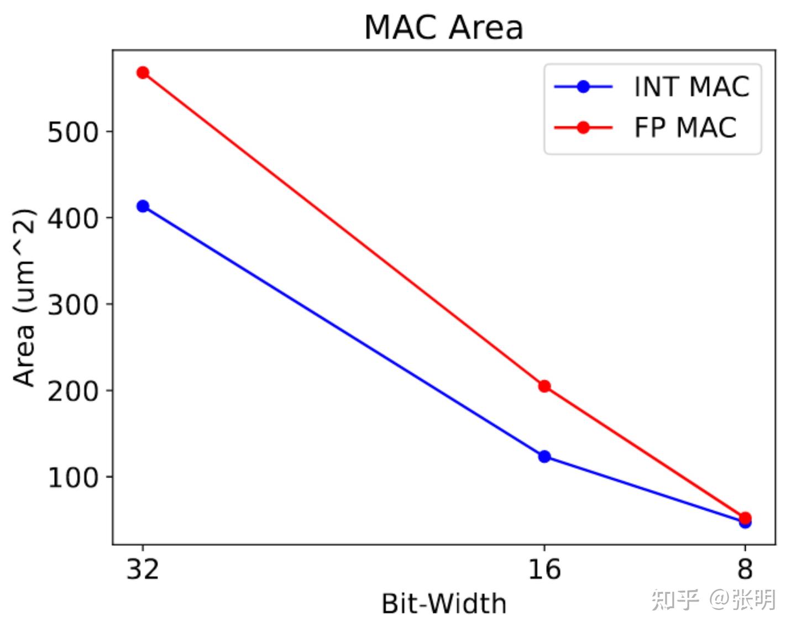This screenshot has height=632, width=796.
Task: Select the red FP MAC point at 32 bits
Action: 143,72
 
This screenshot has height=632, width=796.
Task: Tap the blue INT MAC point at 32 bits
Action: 143,206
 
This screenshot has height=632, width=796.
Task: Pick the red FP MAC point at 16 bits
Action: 544,386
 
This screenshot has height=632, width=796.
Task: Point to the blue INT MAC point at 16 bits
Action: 544,456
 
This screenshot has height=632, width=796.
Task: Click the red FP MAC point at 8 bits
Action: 745,518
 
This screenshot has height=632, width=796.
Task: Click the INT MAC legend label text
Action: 692,87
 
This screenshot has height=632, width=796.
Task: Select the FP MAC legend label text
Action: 685,128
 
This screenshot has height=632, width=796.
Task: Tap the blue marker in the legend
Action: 583,87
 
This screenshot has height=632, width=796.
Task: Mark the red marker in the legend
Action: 583,128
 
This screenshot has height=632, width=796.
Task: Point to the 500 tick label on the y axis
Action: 72,132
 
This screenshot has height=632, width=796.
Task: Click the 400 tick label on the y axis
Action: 72,218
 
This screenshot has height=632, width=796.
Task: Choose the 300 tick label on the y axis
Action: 72,305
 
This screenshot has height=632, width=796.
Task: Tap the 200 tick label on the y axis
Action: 72,391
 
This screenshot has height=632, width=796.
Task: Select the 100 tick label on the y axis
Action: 72,477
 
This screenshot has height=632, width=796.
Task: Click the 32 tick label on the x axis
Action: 143,568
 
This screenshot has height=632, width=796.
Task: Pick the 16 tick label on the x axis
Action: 544,568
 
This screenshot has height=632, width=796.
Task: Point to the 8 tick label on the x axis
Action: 745,568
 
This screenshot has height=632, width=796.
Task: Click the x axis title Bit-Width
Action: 444,603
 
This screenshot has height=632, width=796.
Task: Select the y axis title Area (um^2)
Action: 24,297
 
